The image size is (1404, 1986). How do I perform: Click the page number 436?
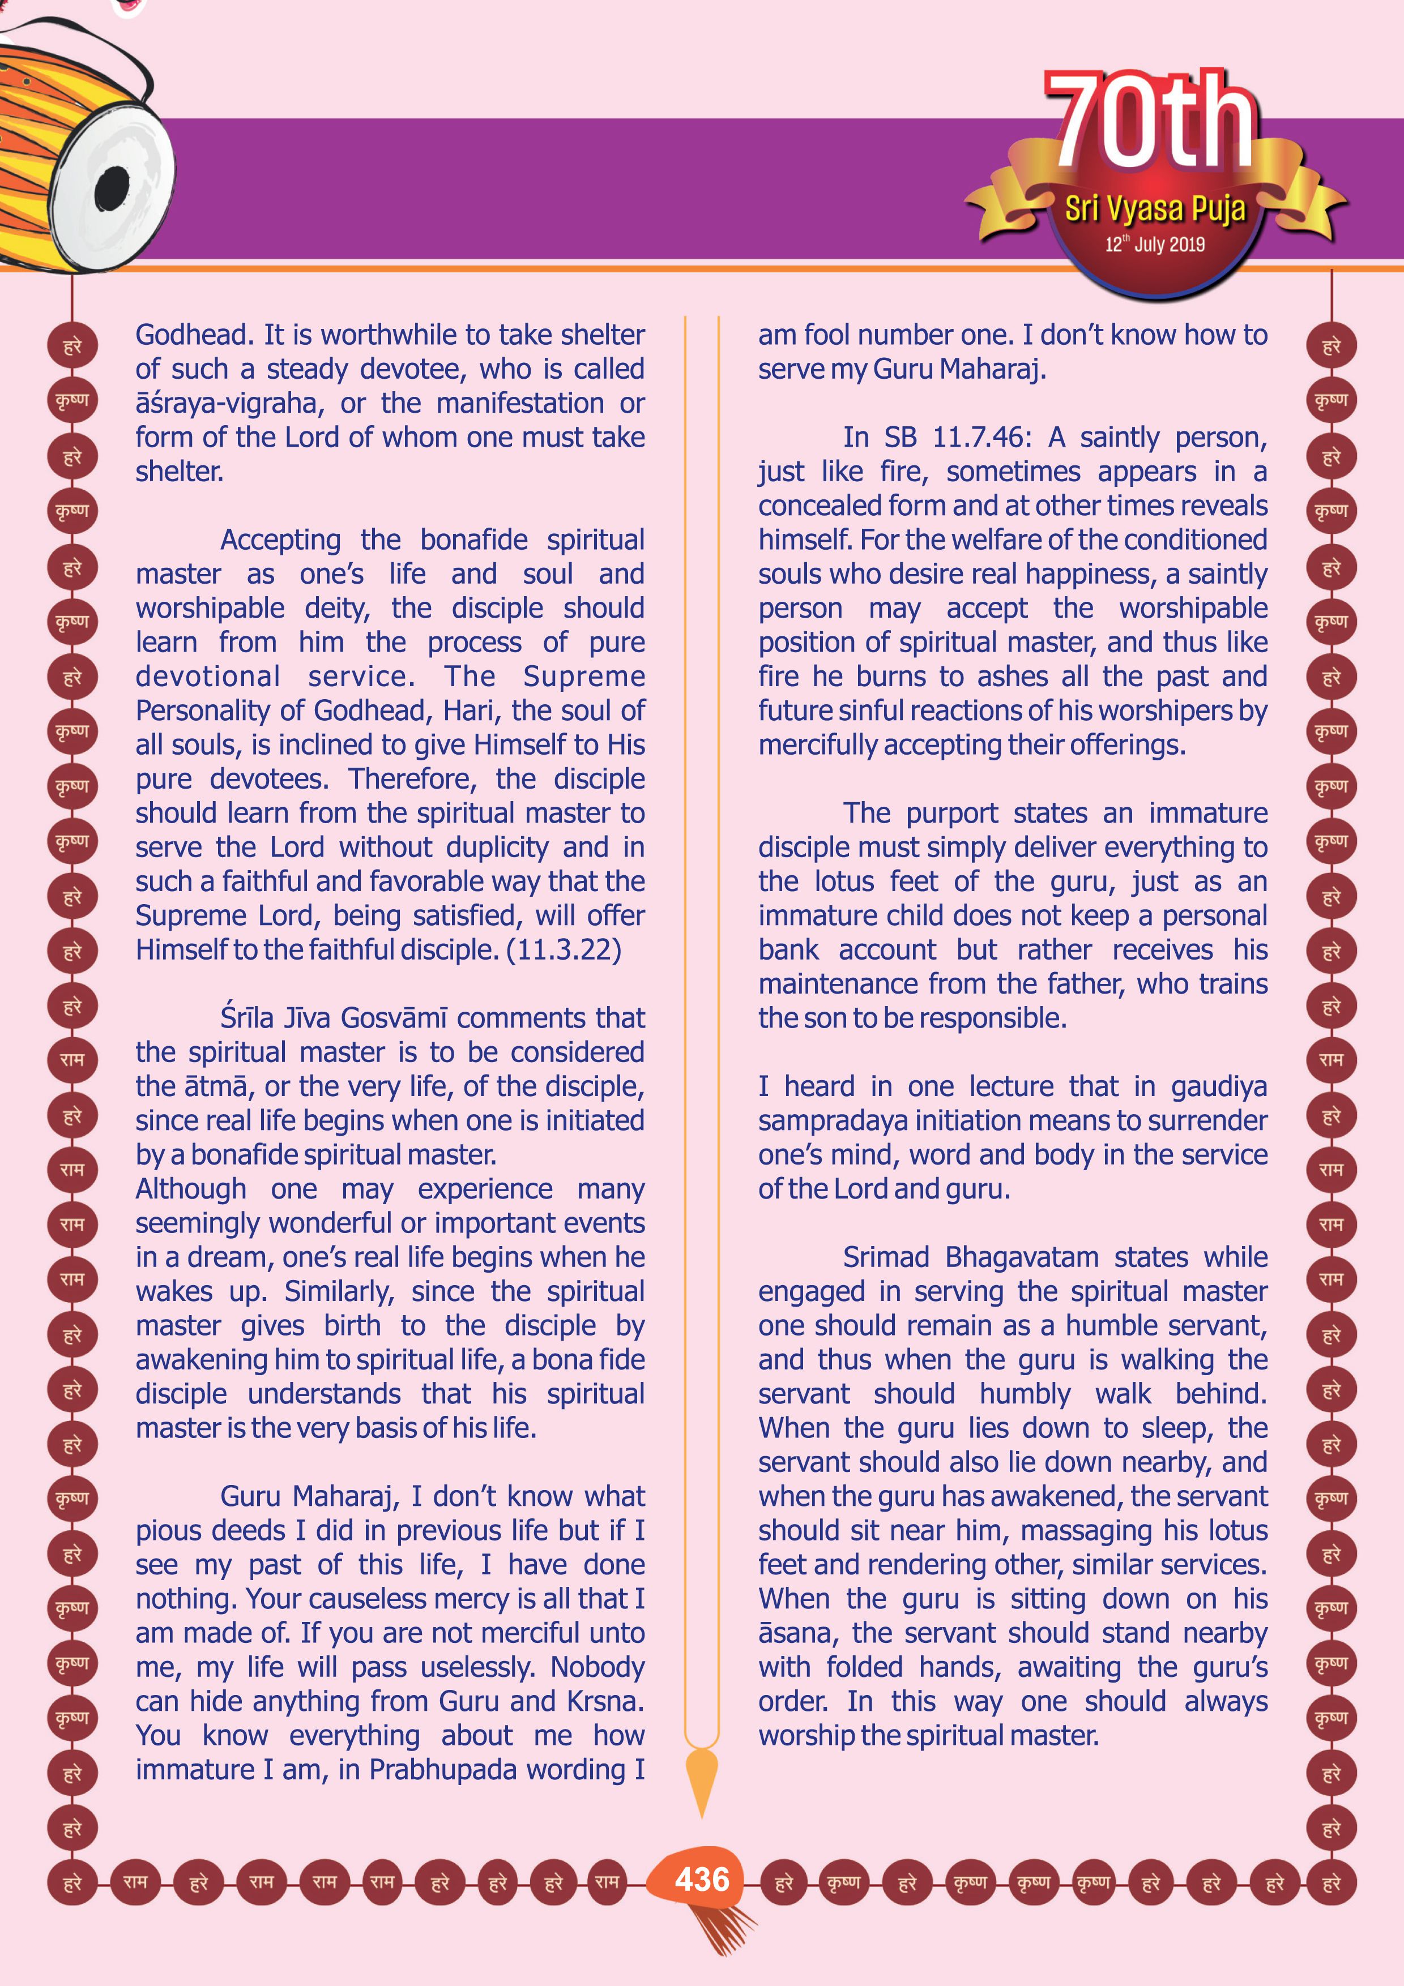pos(702,1880)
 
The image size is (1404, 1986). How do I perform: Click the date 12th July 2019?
pos(1154,245)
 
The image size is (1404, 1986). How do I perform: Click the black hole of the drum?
pos(112,188)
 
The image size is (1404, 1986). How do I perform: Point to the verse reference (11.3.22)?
pos(564,950)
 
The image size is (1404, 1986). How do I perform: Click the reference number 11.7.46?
pos(981,438)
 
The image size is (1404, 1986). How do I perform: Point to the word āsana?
pos(795,1633)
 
